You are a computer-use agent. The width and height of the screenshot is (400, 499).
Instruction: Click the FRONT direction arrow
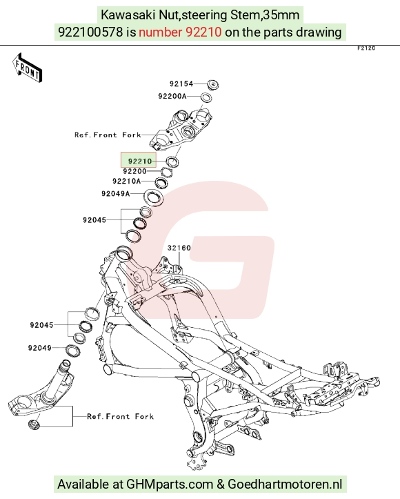click(27, 68)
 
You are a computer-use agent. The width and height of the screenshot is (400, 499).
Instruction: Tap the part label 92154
click(181, 84)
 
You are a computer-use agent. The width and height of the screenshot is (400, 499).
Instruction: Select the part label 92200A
click(172, 96)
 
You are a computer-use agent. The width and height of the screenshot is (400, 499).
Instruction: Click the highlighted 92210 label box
click(139, 160)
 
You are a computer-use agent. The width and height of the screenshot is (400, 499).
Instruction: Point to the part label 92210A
click(126, 182)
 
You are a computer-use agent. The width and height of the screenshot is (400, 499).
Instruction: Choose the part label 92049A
click(116, 193)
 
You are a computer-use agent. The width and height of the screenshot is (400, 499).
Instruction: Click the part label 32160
click(179, 248)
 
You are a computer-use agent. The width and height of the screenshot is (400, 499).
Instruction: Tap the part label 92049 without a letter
click(40, 348)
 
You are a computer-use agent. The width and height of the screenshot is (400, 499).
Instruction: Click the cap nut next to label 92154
click(212, 84)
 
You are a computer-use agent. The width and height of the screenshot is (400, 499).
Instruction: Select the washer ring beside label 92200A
click(206, 97)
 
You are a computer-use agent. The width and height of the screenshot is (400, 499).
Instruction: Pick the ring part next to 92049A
click(154, 197)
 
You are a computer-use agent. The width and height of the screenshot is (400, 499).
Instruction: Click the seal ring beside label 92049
click(72, 351)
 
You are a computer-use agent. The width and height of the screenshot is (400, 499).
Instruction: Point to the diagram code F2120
click(366, 48)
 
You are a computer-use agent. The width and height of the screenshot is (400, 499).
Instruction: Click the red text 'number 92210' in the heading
click(180, 32)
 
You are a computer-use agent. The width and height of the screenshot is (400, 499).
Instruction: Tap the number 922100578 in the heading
click(90, 32)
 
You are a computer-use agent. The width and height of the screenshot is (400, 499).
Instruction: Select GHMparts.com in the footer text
click(170, 485)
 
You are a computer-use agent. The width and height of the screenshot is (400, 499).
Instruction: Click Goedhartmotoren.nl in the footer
click(286, 484)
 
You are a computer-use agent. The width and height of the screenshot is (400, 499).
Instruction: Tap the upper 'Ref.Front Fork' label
click(108, 135)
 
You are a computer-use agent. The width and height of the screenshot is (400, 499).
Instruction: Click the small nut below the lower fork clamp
click(34, 425)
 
